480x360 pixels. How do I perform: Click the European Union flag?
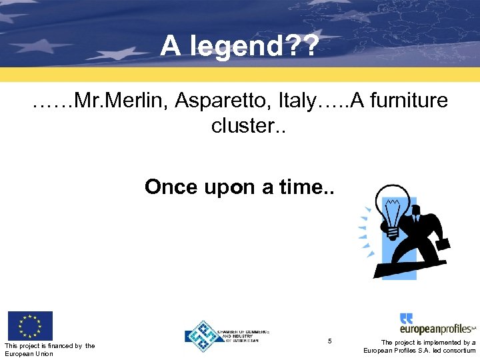click(x=29, y=325)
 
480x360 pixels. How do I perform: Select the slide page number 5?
click(x=330, y=341)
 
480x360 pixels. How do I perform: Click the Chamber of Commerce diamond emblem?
click(x=203, y=335)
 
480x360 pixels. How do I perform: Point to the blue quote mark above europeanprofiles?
click(x=406, y=319)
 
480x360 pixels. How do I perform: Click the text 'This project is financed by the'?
click(x=49, y=345)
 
